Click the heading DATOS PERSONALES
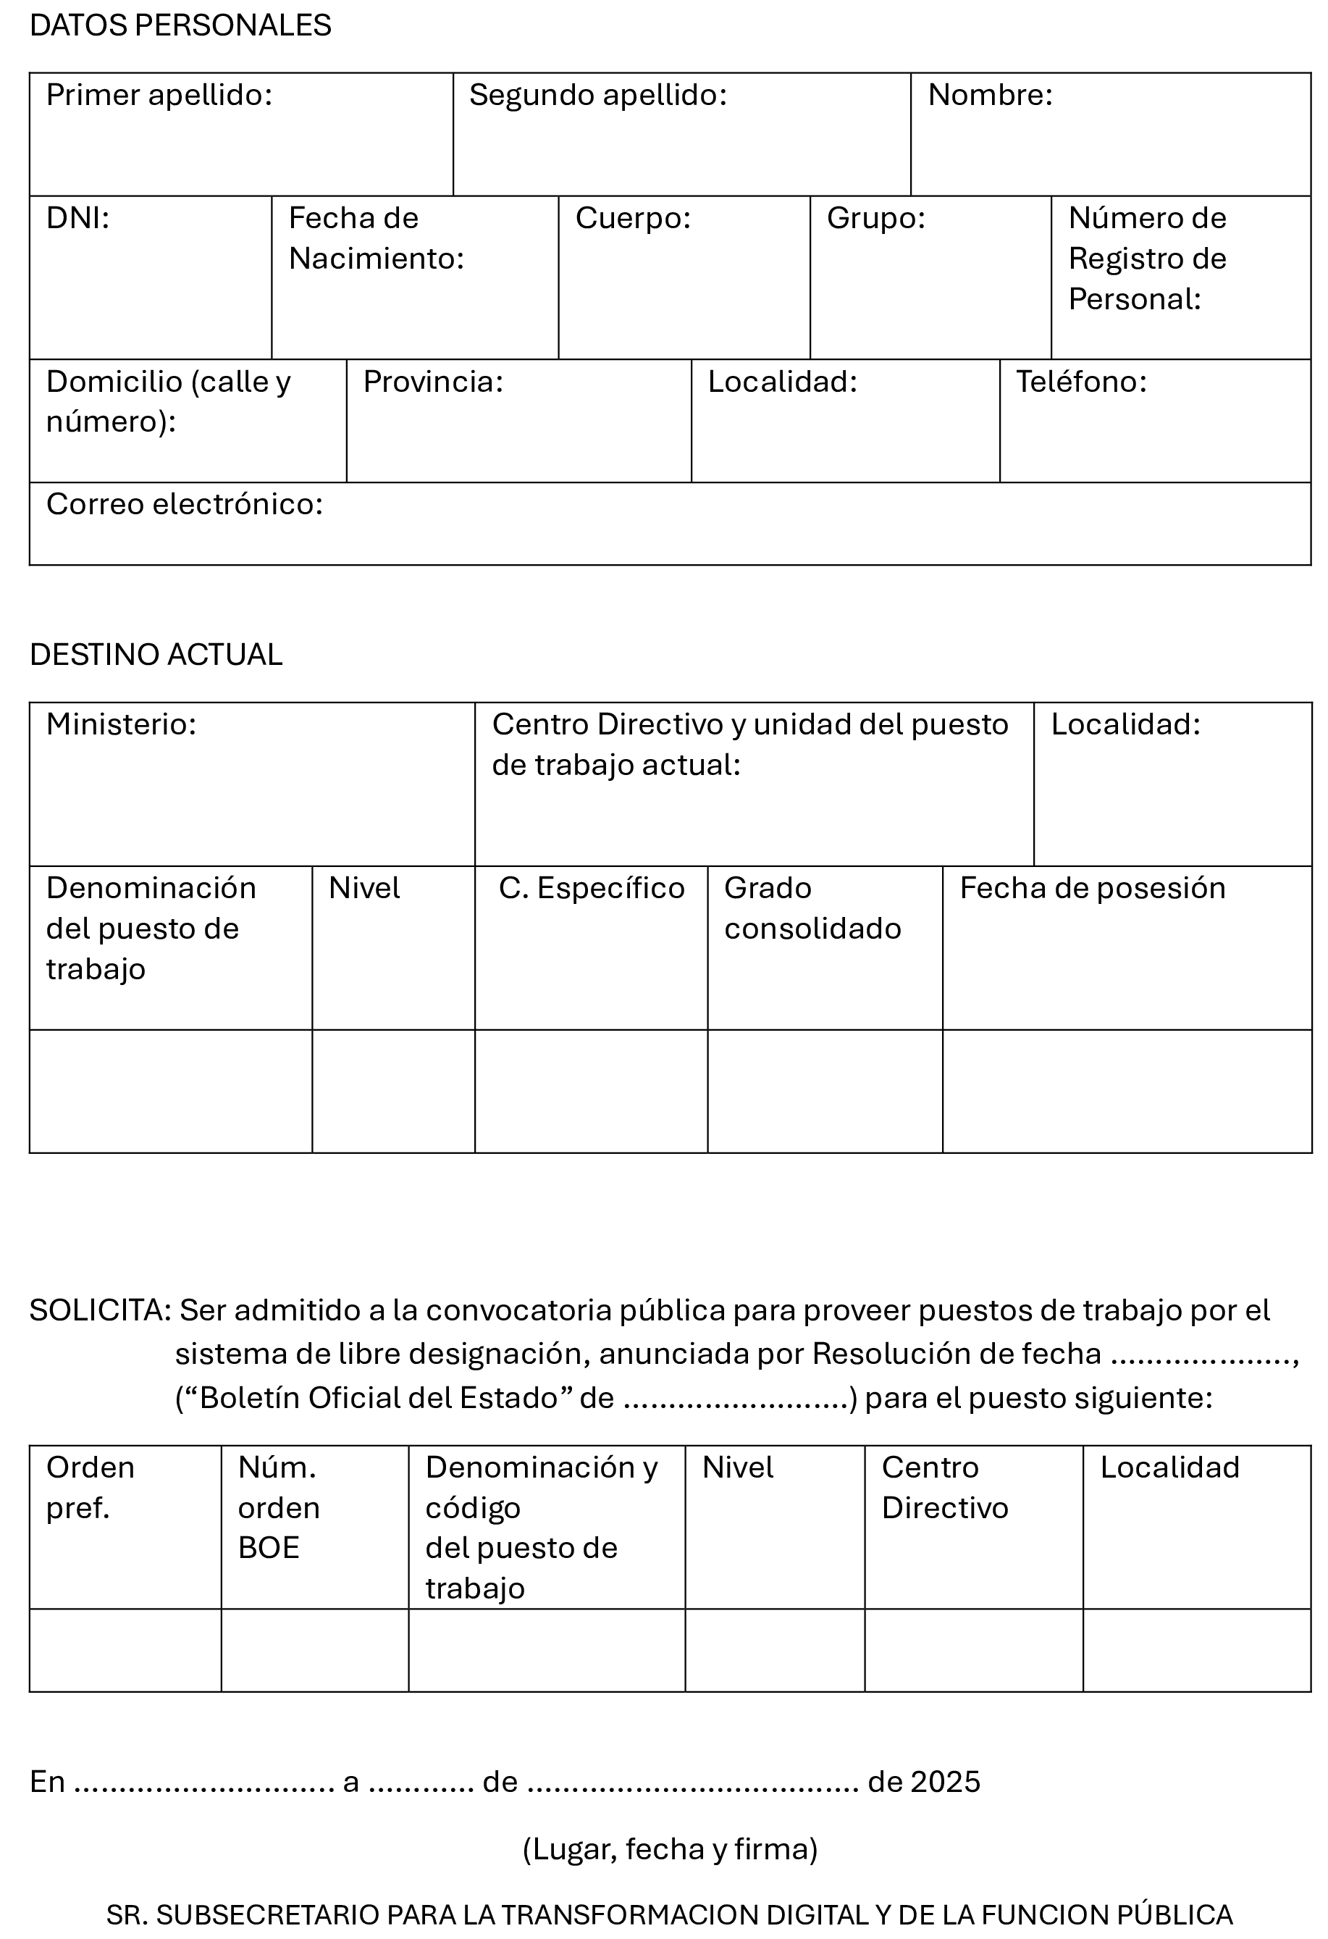tap(180, 26)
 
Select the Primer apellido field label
tap(159, 95)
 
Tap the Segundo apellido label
tap(598, 95)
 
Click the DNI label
tap(77, 219)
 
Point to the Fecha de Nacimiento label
tap(375, 238)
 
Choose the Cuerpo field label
tap(633, 219)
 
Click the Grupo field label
tap(876, 219)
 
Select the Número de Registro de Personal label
tap(1147, 259)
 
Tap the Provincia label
tap(433, 382)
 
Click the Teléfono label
tap(1081, 382)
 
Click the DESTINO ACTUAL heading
tap(156, 655)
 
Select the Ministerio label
tap(121, 725)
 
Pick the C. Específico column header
tap(592, 889)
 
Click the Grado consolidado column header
tap(812, 908)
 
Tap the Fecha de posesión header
tap(1093, 889)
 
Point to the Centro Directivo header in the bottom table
tap(944, 1488)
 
